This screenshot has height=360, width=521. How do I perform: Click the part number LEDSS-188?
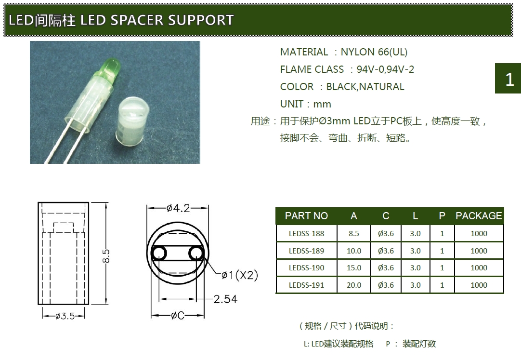(x=306, y=233)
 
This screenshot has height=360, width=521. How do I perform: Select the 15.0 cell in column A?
(x=354, y=267)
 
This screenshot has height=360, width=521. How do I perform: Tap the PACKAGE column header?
(x=479, y=216)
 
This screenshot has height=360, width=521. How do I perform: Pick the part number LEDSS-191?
(x=306, y=285)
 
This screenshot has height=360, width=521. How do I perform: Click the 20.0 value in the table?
(x=354, y=285)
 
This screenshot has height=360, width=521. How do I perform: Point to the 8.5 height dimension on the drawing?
(x=106, y=255)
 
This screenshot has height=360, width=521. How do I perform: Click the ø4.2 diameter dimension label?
(x=178, y=208)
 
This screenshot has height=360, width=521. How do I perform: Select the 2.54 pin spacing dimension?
(x=225, y=299)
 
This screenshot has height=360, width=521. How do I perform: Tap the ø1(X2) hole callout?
(x=240, y=275)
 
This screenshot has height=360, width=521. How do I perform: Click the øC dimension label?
(x=178, y=315)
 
